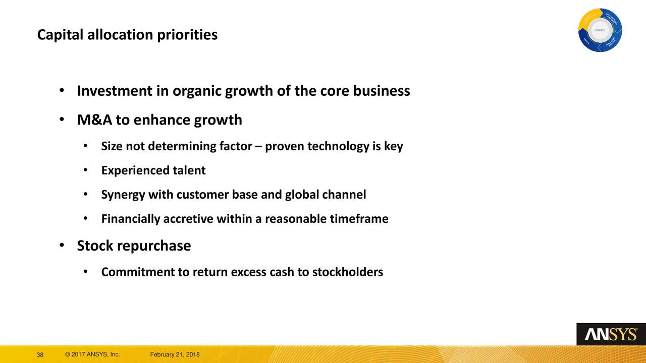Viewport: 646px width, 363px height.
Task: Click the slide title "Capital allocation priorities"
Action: click(128, 35)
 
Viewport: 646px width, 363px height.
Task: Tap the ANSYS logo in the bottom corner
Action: click(611, 334)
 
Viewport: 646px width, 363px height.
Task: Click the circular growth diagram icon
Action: click(600, 30)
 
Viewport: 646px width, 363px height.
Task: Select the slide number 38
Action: click(40, 355)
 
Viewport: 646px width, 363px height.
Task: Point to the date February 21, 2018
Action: click(175, 355)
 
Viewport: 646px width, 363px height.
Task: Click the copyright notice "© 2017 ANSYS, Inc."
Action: click(92, 355)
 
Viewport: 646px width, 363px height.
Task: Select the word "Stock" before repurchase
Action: click(95, 246)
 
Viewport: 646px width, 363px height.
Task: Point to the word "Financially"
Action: click(130, 219)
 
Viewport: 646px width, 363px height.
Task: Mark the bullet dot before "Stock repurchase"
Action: click(61, 246)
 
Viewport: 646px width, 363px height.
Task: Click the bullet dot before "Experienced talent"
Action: click(86, 170)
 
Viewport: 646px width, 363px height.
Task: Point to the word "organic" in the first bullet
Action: click(197, 91)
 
